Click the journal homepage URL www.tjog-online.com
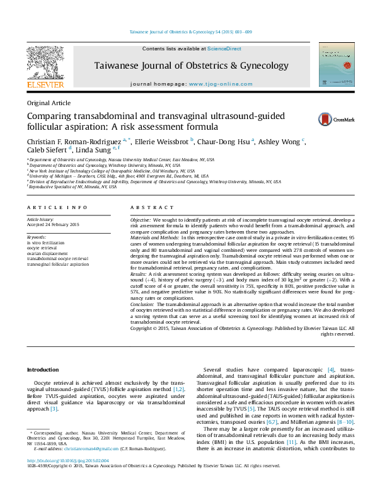tap(216, 84)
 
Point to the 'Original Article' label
tap(49, 103)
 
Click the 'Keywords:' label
tap(37, 236)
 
